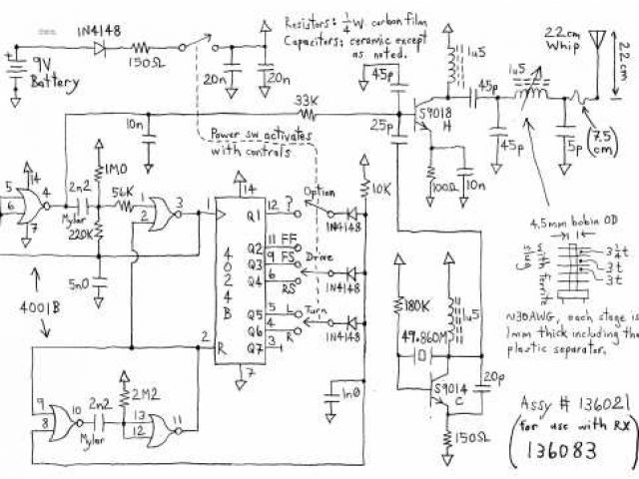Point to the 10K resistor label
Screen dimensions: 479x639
point(382,187)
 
